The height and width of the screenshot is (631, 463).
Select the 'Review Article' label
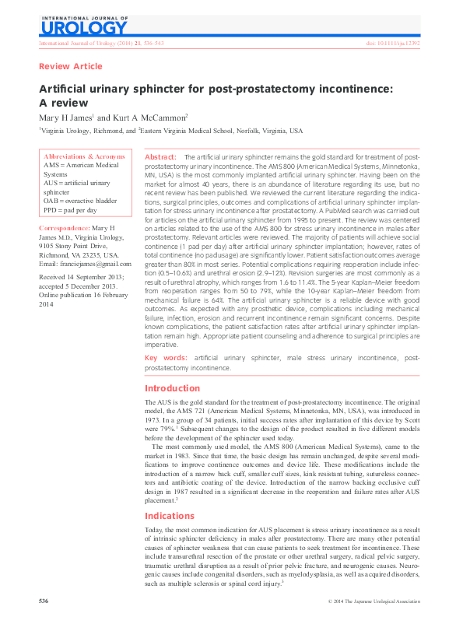pos(70,67)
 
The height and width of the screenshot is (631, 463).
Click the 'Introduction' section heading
pos(173,388)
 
